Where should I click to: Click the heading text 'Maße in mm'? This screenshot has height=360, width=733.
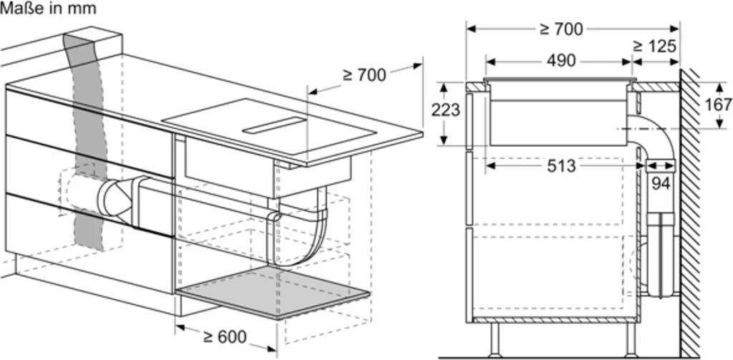[x=48, y=9]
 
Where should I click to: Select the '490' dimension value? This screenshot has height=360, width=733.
[x=560, y=61]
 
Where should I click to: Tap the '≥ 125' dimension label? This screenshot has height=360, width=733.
[x=654, y=47]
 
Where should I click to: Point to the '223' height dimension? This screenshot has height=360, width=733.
[x=445, y=110]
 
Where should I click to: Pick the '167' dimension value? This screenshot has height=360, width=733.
[x=718, y=104]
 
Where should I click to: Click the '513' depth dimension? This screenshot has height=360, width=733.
[x=560, y=166]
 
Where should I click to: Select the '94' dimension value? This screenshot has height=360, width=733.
[x=661, y=184]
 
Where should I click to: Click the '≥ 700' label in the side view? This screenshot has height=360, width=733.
[x=561, y=29]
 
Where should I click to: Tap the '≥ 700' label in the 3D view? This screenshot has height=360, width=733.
[x=364, y=75]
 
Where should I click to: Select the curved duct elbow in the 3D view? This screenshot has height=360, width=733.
[x=301, y=236]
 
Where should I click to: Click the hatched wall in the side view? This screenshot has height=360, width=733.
[x=690, y=215]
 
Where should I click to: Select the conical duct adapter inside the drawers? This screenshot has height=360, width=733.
[x=115, y=197]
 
